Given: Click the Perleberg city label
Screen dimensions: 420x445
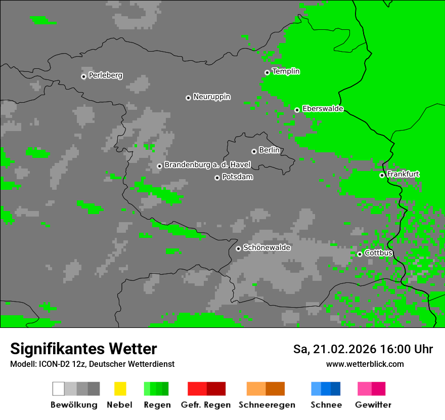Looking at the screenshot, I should click(x=105, y=75).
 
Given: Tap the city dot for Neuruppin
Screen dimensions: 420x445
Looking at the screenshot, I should click(x=188, y=98).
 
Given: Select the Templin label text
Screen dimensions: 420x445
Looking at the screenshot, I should click(x=286, y=71).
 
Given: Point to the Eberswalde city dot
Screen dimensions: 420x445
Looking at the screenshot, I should click(x=297, y=110).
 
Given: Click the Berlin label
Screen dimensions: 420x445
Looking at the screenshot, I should click(x=269, y=150).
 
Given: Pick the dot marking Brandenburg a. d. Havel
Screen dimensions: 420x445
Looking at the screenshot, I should click(x=159, y=166).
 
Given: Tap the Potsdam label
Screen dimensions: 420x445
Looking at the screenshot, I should click(x=237, y=177).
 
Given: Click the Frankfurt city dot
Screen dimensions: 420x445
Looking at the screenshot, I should click(x=382, y=175).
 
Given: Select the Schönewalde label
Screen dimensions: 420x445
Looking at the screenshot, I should click(x=266, y=247).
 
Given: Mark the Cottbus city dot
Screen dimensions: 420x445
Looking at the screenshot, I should click(x=360, y=254).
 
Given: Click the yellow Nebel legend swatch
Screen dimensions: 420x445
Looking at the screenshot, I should click(x=120, y=389).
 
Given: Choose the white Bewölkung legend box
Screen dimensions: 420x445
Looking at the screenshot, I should click(x=58, y=389).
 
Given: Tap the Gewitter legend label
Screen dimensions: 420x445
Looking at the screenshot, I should click(x=373, y=405).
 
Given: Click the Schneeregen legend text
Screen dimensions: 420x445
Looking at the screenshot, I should click(x=266, y=405).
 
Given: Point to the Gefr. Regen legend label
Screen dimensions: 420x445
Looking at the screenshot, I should click(x=205, y=405).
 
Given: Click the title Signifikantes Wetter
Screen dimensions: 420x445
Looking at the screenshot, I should click(x=83, y=349).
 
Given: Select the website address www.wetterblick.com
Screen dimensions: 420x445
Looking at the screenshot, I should click(x=365, y=364).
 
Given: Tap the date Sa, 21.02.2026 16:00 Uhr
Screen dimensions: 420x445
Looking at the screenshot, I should click(x=363, y=349).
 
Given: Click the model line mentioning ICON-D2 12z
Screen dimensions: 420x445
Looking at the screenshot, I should click(x=92, y=364).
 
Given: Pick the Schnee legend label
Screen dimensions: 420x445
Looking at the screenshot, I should click(x=326, y=405).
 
